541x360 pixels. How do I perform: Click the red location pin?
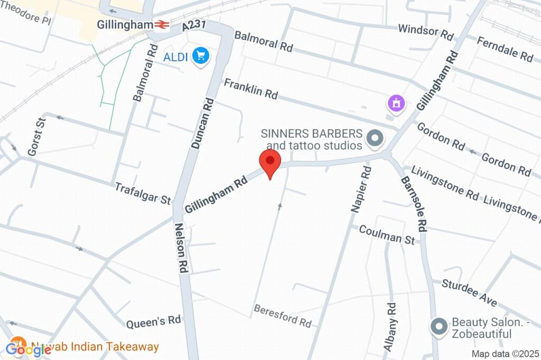(270, 162)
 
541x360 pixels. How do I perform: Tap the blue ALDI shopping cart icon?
(200, 55)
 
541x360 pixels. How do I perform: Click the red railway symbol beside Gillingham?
(161, 25)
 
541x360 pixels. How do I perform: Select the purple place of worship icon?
(396, 102)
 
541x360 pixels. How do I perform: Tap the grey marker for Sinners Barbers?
(375, 139)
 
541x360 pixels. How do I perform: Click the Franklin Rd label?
(250, 88)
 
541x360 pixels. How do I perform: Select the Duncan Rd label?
(202, 123)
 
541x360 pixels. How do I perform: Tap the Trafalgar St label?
(143, 193)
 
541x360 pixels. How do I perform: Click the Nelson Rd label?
(181, 248)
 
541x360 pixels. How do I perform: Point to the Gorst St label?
(37, 137)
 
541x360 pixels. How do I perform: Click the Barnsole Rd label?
(414, 204)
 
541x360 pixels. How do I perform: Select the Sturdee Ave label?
(470, 293)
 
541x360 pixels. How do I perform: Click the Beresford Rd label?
(282, 315)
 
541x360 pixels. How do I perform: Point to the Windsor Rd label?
(425, 32)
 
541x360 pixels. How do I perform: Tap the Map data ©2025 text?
(505, 354)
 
